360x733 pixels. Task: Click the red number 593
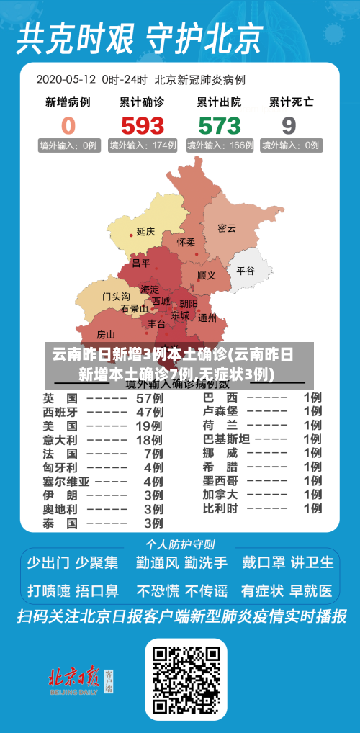point(143,125)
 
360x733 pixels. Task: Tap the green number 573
point(220,125)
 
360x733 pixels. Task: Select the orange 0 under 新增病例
point(68,125)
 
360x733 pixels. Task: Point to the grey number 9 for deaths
point(289,125)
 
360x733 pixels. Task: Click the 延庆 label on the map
point(145,232)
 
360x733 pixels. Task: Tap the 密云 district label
point(227,228)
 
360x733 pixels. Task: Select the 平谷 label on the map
point(246,271)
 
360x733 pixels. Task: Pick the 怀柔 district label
point(186,243)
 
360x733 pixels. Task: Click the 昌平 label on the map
point(141,264)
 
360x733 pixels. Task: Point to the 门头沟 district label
point(116,296)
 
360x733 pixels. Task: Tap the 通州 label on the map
point(207,318)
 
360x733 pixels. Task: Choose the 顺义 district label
point(207,276)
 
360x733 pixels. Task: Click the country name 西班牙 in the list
point(60,412)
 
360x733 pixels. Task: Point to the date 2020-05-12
point(66,78)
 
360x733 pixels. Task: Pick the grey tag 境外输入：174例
point(143,145)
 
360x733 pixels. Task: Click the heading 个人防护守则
point(180,544)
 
